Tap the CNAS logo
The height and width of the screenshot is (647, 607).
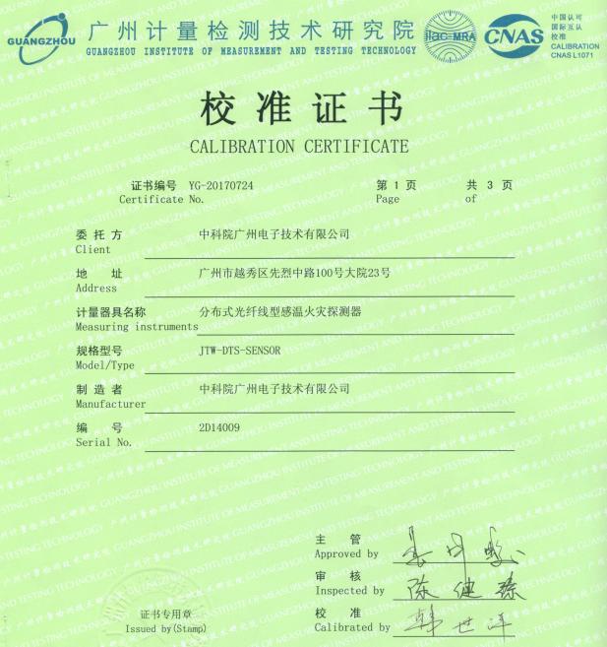515,35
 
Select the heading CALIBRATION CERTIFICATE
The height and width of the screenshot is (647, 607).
298,147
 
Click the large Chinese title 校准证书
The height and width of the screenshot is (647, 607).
299,108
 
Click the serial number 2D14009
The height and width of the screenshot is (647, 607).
219,427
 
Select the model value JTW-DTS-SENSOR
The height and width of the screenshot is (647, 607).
240,350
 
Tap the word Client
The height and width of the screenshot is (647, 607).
93,249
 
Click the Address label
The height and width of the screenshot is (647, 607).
96,288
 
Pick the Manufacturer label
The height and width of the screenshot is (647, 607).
110,404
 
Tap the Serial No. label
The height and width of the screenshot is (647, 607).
103,442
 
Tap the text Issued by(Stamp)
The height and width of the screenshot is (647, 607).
165,628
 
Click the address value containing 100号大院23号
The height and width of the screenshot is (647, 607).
295,273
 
